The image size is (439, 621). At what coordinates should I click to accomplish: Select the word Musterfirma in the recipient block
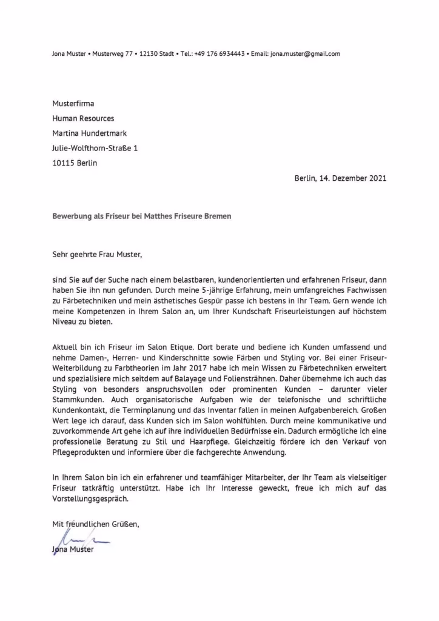click(x=73, y=104)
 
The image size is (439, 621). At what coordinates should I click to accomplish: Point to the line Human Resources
click(x=83, y=118)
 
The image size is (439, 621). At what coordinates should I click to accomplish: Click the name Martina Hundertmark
click(x=90, y=133)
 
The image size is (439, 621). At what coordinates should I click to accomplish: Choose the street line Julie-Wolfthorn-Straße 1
click(x=95, y=148)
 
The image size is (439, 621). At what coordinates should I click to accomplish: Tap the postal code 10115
click(x=64, y=163)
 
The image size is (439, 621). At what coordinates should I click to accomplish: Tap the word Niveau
click(x=65, y=323)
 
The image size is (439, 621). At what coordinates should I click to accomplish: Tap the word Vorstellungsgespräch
click(x=91, y=498)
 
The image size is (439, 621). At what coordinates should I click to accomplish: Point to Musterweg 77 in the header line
click(x=113, y=53)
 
